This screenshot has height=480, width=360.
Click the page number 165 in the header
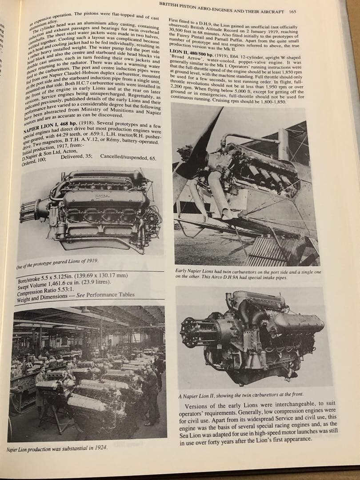(292, 12)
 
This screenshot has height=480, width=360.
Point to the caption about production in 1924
(58, 447)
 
